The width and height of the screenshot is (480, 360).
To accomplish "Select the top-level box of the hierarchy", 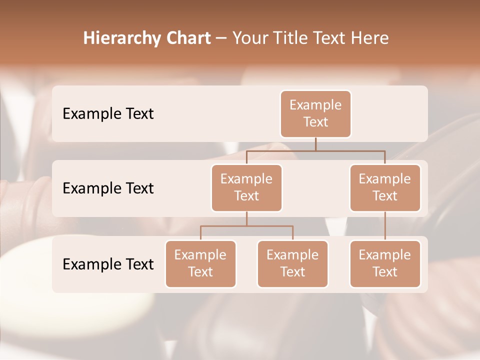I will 315,114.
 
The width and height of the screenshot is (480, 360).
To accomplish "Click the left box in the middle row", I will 246,187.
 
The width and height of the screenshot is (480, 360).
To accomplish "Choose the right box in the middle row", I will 385,187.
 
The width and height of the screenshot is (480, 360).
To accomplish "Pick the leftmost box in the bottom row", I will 200,263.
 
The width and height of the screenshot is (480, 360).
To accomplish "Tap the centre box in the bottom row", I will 292,263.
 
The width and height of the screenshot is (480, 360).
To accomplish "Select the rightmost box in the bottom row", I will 385,263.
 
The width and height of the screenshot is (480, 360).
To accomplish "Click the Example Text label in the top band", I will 108,114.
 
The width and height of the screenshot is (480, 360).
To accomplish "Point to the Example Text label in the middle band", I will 108,188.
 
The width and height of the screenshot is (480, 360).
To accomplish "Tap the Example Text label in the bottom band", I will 108,264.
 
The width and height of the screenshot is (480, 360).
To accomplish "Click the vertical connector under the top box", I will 315,144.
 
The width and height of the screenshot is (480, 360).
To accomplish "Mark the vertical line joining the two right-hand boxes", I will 385,226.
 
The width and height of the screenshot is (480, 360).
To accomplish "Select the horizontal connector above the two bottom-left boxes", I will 246,226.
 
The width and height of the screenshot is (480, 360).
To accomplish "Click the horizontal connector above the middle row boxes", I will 315,150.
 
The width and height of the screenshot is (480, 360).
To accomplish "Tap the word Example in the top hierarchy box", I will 315,105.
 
